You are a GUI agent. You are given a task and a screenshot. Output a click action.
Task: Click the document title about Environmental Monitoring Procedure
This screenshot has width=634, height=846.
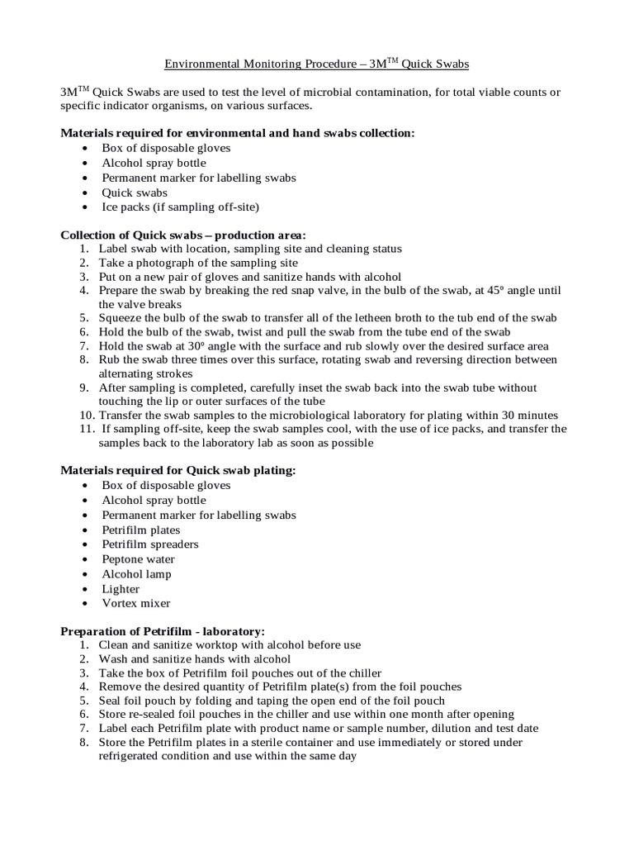click(x=317, y=64)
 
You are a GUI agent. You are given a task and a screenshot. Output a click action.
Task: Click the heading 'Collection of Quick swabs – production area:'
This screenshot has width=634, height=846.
click(x=183, y=235)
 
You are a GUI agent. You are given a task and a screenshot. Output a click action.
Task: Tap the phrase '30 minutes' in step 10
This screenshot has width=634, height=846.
click(x=528, y=415)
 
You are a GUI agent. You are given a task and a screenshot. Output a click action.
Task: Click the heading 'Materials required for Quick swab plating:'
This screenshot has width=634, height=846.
click(x=178, y=470)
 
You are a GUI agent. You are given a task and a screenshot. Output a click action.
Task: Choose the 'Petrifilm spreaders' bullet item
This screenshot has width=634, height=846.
click(x=150, y=544)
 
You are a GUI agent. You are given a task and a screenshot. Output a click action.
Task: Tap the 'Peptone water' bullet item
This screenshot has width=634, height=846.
click(x=138, y=559)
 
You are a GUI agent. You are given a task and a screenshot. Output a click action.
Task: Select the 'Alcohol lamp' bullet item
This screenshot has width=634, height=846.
click(x=136, y=574)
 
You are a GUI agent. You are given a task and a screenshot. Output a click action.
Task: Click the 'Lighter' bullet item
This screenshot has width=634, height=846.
click(x=121, y=589)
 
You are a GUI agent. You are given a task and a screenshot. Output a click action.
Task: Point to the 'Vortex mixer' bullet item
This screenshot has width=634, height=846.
click(x=135, y=603)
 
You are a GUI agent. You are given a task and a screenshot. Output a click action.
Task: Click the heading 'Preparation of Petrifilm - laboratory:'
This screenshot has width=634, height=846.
click(x=163, y=631)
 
